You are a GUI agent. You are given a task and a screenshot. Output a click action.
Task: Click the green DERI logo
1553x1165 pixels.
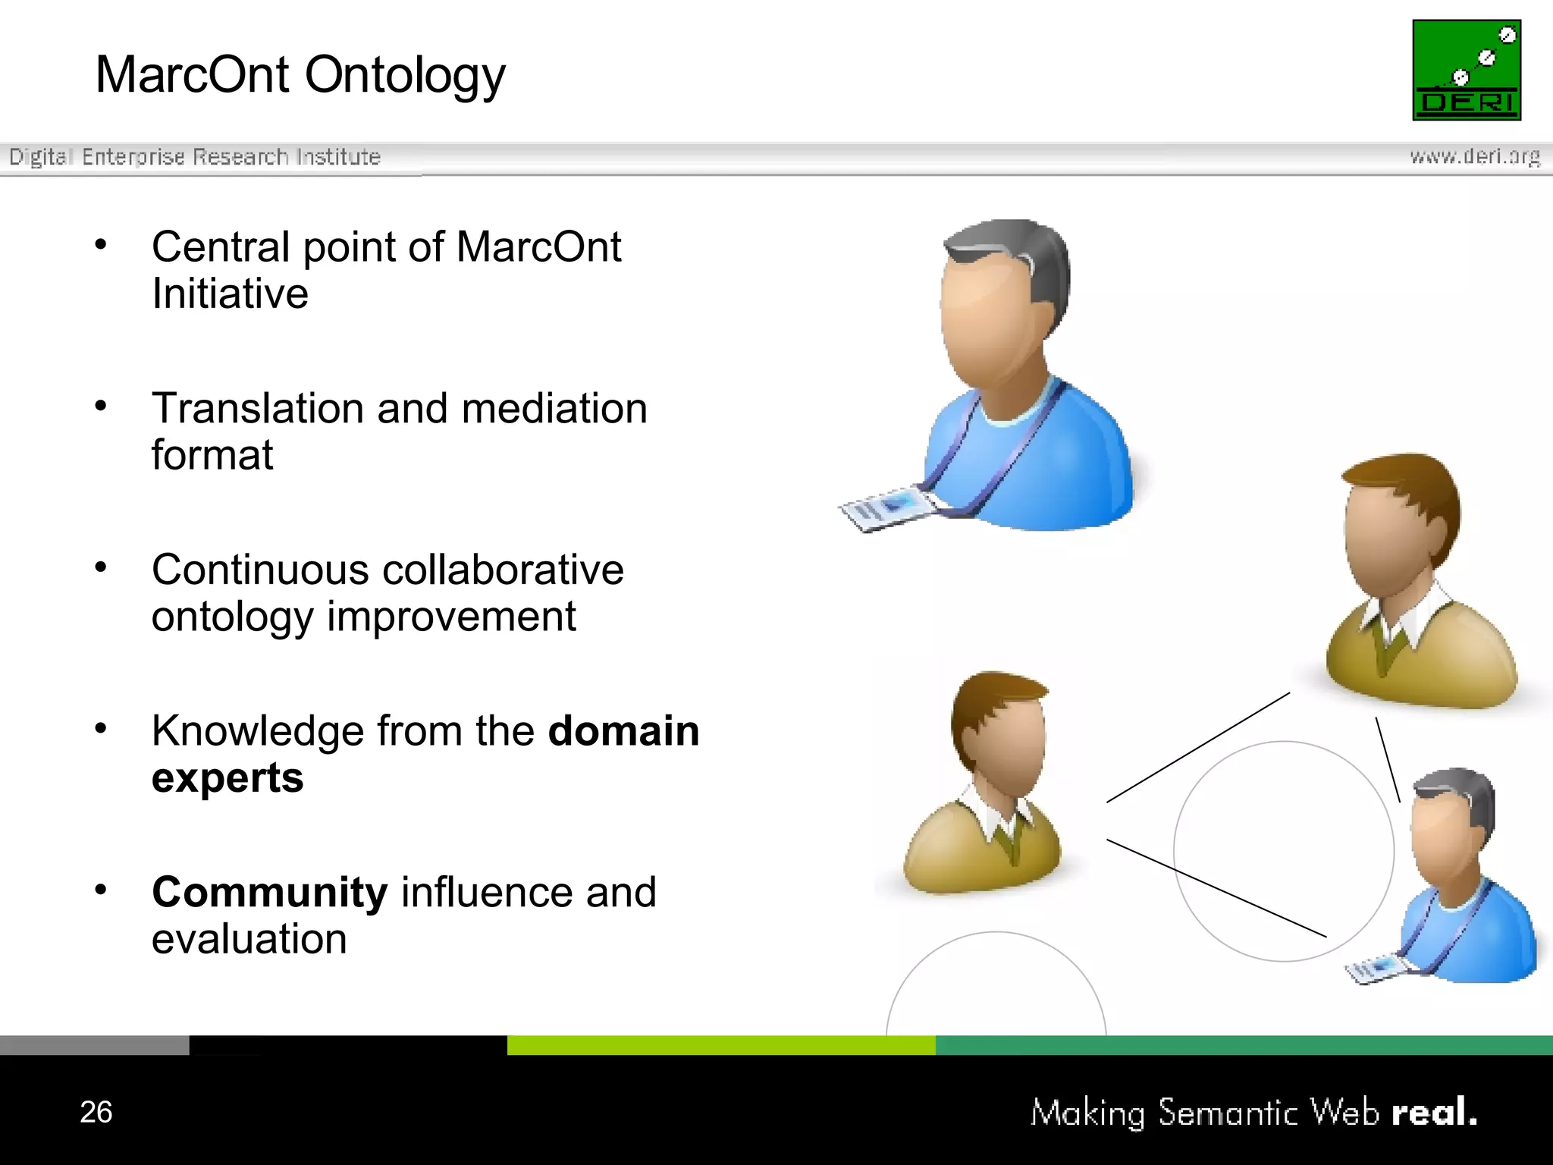(x=1466, y=70)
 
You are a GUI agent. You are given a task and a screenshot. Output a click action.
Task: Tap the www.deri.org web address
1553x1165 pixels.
(x=1474, y=156)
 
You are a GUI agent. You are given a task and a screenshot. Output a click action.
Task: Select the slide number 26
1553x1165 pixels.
(x=96, y=1112)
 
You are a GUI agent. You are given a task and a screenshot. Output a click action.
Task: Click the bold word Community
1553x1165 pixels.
(x=270, y=892)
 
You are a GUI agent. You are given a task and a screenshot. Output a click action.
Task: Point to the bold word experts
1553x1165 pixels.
(x=227, y=778)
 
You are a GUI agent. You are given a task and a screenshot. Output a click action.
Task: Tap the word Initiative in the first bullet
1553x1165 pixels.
(x=230, y=294)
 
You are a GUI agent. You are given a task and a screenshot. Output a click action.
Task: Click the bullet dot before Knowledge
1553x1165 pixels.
(x=101, y=728)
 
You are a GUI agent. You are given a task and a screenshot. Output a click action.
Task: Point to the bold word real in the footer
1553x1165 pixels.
(x=1433, y=1113)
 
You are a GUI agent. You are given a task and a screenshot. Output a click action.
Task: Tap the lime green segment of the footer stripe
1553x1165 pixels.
(x=720, y=1044)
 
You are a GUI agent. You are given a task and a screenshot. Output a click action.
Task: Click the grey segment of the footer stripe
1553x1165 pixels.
(x=94, y=1044)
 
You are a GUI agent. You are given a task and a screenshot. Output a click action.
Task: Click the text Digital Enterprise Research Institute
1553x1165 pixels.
(x=194, y=157)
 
